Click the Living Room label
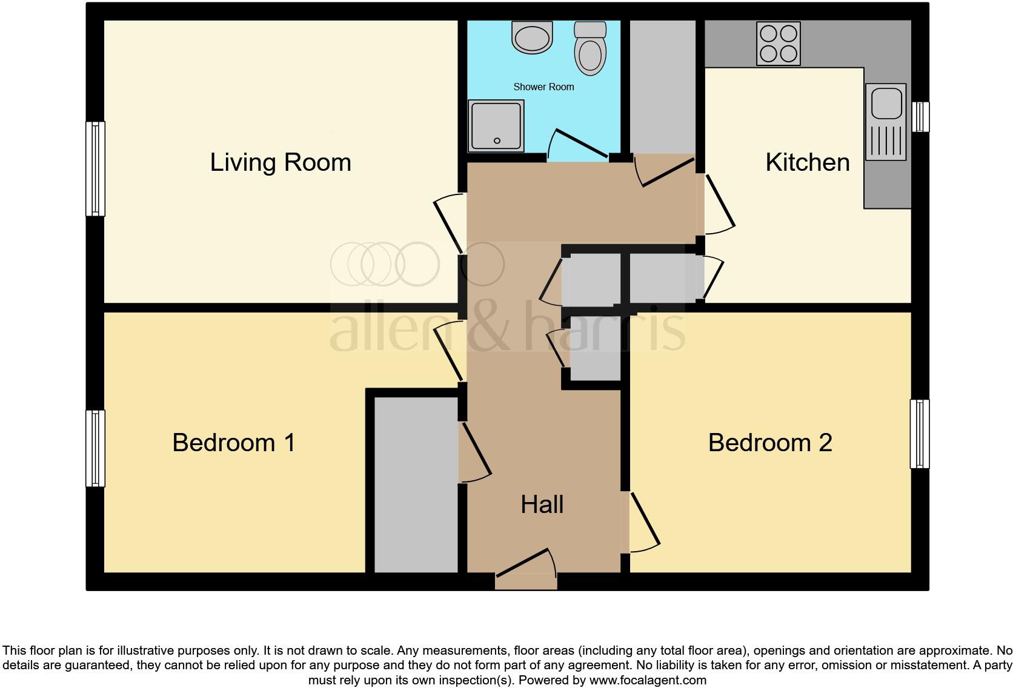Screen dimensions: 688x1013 281,162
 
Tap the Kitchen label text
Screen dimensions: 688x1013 807,162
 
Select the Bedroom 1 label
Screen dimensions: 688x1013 234,443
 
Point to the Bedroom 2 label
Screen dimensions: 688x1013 769,443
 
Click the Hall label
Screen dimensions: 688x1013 542,504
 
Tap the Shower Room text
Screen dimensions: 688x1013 543,87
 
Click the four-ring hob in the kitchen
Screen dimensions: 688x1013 778,44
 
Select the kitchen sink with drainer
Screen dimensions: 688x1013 886,122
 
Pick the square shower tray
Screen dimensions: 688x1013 496,126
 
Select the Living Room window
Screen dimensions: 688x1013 95,169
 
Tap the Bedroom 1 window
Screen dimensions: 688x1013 95,448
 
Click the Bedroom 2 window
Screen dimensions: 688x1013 919,434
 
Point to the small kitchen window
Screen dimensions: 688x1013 920,117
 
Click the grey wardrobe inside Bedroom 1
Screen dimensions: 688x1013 416,485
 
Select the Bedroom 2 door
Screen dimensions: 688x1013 643,521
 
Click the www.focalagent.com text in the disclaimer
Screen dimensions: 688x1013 648,680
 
